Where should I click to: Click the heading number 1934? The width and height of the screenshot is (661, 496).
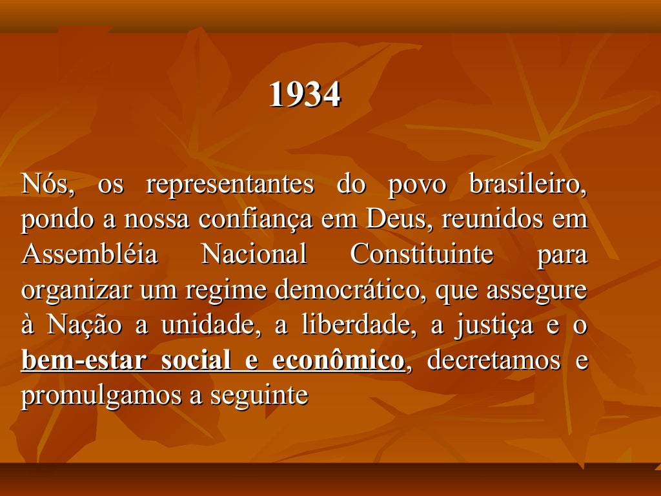pos(304,96)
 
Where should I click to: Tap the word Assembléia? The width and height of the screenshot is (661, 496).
pos(89,254)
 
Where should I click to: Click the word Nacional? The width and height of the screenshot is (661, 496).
pos(254,254)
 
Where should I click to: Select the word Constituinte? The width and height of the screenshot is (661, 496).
pos(422,254)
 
